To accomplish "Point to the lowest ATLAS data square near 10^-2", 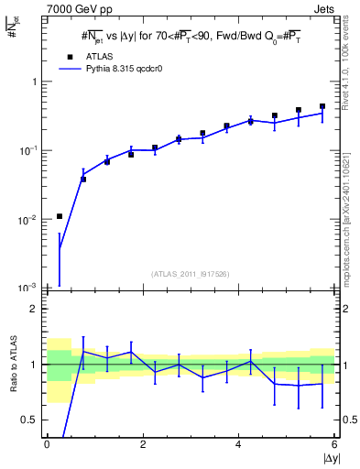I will coord(60,216).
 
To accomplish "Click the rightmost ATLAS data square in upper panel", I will coord(322,106).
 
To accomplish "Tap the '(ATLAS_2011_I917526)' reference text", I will coord(191,274).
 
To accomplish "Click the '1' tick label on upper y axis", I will coord(35,82).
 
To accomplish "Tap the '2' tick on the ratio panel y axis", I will coord(35,309).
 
